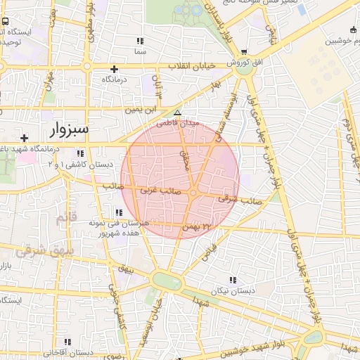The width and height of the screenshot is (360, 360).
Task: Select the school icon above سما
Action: (140, 41)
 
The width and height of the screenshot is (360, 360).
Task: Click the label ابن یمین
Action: (141, 110)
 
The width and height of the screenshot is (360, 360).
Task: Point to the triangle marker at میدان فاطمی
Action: (177, 112)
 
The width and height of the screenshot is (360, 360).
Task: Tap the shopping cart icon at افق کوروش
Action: (243, 51)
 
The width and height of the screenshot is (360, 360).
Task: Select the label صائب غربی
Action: (161, 190)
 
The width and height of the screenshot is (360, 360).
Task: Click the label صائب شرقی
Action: (234, 199)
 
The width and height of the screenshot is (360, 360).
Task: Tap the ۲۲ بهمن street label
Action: (196, 227)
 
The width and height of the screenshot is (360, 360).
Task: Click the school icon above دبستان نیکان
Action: (233, 279)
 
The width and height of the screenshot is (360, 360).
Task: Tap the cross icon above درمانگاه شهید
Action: (25, 138)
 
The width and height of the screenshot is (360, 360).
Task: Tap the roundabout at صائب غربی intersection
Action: (192, 192)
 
